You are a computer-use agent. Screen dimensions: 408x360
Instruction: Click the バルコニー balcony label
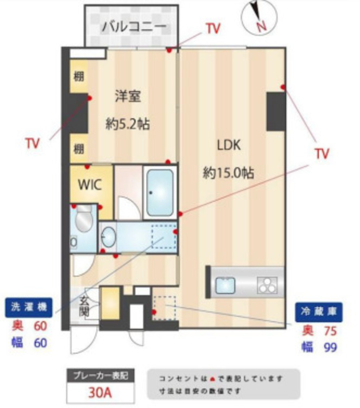pyautogui.click(x=133, y=27)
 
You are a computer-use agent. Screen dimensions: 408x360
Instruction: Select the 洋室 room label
pyautogui.click(x=128, y=96)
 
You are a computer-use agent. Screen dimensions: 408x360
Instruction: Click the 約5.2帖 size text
pyautogui.click(x=127, y=124)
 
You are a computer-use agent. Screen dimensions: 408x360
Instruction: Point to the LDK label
pyautogui.click(x=229, y=145)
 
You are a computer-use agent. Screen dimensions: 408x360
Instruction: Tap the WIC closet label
pyautogui.click(x=90, y=184)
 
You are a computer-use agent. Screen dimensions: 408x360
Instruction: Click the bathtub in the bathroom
pyautogui.click(x=160, y=192)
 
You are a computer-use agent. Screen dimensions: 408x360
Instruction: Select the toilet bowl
pyautogui.click(x=84, y=222)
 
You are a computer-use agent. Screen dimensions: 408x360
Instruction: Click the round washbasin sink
pyautogui.click(x=108, y=238)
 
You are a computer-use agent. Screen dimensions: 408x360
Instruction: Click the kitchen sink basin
pyautogui.click(x=225, y=285)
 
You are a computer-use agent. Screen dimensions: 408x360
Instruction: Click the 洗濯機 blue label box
pyautogui.click(x=29, y=307)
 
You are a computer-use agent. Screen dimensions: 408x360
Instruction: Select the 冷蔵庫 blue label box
pyautogui.click(x=319, y=312)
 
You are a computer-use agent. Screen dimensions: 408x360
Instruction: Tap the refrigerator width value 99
pyautogui.click(x=330, y=347)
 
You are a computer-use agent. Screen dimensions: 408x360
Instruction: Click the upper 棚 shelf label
pyautogui.click(x=79, y=77)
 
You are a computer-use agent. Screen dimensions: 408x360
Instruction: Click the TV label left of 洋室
pyautogui.click(x=33, y=143)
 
